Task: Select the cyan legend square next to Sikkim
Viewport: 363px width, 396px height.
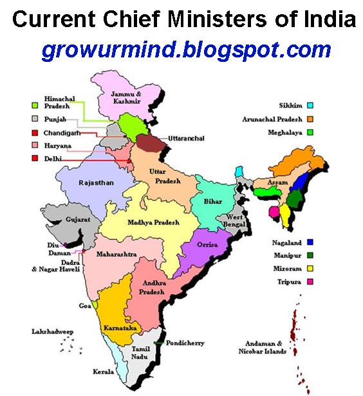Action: point(310,106)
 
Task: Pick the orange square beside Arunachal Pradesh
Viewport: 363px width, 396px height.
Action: point(310,119)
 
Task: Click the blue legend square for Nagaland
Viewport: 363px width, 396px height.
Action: point(310,243)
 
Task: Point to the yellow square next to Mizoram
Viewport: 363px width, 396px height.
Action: point(310,268)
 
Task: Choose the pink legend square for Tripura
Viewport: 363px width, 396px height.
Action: point(310,281)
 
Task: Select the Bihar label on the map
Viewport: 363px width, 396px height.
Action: point(213,202)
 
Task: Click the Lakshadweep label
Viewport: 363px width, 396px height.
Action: point(54,332)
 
